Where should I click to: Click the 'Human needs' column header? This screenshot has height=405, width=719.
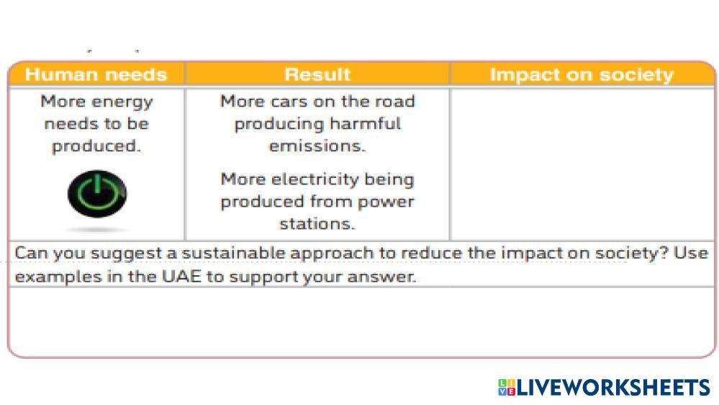click(96, 74)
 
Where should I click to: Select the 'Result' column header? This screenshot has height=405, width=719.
click(317, 74)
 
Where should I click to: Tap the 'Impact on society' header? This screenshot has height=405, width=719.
click(582, 75)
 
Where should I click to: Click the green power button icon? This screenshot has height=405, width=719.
click(97, 194)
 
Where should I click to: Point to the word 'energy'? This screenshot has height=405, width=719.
click(122, 102)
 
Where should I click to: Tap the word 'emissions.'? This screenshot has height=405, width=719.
click(317, 146)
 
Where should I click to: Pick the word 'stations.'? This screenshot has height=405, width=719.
click(317, 223)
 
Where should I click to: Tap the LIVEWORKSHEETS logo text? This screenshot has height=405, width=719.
click(613, 388)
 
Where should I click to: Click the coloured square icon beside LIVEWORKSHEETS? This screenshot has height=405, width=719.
click(507, 387)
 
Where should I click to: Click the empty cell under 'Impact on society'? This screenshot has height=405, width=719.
click(582, 164)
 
